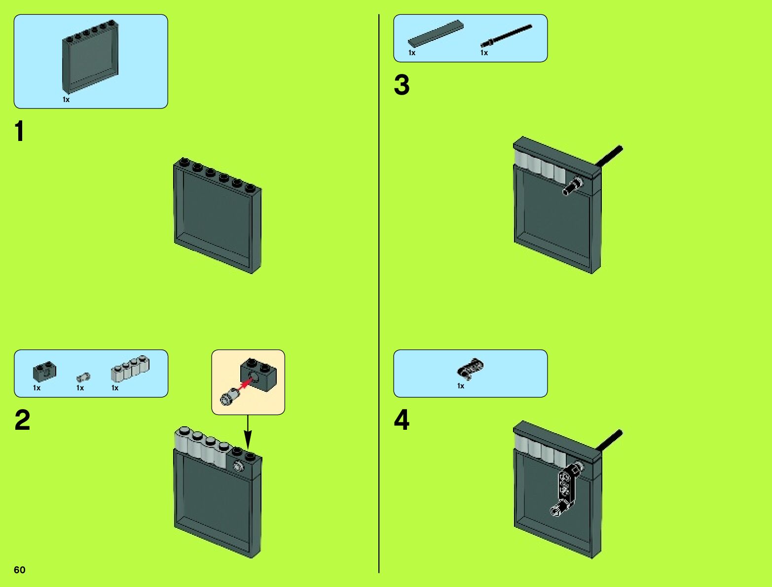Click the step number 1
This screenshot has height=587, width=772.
pos(19,132)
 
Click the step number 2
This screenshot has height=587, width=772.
pos(22,420)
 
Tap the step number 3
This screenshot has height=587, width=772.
pos(402,85)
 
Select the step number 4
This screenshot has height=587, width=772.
pos(402,420)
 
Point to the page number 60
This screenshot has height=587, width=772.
pos(20,570)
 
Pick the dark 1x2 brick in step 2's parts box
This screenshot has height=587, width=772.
pos(44,372)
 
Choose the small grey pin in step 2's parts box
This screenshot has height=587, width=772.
pos(83,378)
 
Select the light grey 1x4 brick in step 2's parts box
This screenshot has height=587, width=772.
pos(130,369)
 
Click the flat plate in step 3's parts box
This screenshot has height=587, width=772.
pos(436,34)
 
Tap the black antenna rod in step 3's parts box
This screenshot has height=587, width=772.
pos(506,36)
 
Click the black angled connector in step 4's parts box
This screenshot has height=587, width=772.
pos(471,368)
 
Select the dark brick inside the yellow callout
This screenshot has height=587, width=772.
pos(259,374)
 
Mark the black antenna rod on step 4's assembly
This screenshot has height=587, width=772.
pos(610,440)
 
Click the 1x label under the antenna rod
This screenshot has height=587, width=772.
pos(484,53)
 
